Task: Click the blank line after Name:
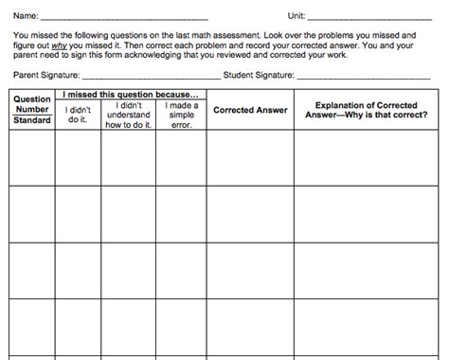pyautogui.click(x=123, y=17)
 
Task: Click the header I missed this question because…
pyautogui.click(x=131, y=95)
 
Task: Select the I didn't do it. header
pyautogui.click(x=79, y=115)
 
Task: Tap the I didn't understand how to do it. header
pyautogui.click(x=127, y=115)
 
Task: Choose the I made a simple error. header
pyautogui.click(x=181, y=115)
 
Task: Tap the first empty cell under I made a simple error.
pyautogui.click(x=181, y=157)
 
